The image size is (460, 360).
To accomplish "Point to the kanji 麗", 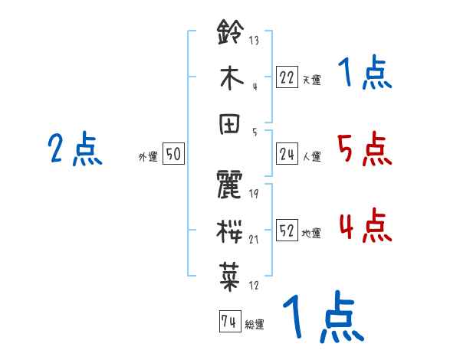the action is (230, 187).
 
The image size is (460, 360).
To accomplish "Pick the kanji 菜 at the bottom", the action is (230, 277).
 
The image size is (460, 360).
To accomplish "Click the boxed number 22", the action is (287, 77).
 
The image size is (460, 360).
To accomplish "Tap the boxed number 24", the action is (287, 154).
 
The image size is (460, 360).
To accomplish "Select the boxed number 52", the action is (287, 231).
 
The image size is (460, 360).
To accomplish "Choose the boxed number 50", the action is (173, 154).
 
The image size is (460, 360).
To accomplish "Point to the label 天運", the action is (311, 80).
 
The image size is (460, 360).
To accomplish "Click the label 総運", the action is (255, 325).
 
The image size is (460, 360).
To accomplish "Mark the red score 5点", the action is (364, 149).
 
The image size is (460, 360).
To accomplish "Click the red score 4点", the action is (364, 225).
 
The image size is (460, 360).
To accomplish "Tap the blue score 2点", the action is (74, 149).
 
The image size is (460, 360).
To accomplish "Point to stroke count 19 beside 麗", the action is (254, 194).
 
